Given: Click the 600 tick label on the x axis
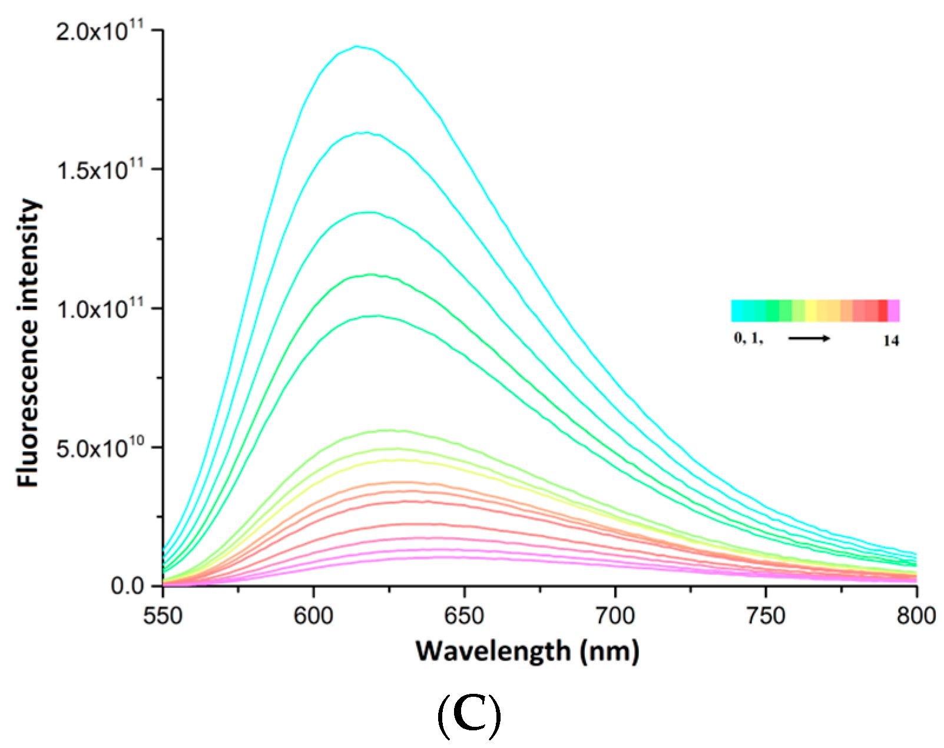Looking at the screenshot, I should (x=314, y=616).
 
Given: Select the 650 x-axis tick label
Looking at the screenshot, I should (x=465, y=616).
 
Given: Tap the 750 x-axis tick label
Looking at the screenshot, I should (x=766, y=616).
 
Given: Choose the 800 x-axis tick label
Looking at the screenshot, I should (x=916, y=616).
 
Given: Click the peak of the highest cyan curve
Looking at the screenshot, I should (x=357, y=46).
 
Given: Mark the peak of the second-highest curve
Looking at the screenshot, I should (x=365, y=133).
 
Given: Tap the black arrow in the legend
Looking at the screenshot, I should (x=809, y=339).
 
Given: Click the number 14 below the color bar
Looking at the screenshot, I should (x=891, y=340).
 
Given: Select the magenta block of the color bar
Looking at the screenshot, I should (x=894, y=310).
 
